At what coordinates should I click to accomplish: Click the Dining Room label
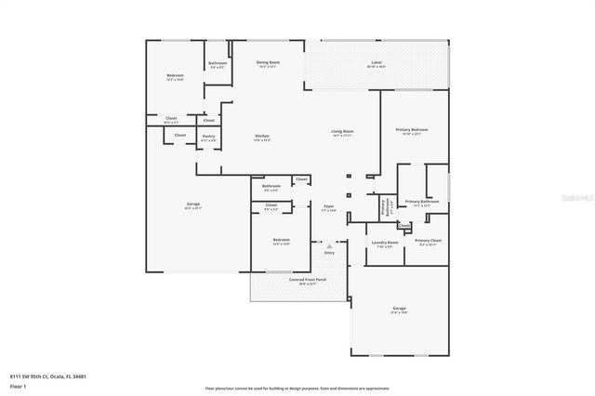268,62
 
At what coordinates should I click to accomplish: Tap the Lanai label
376,62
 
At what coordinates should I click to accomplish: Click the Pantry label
209,136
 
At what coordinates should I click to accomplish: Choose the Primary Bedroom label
411,130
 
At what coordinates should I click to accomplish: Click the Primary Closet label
429,241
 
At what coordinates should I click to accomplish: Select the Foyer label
328,206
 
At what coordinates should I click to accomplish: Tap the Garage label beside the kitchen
193,205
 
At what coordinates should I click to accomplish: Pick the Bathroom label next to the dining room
217,63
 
